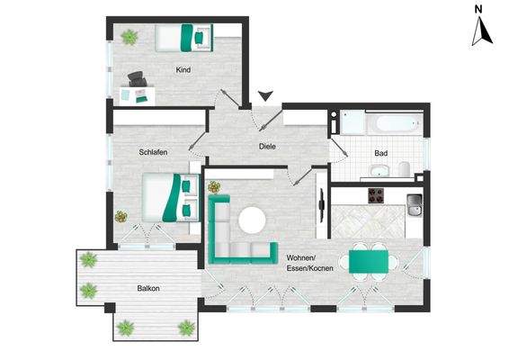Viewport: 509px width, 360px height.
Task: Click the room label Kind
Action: [x=183, y=70]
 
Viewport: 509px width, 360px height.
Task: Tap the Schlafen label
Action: [x=153, y=152]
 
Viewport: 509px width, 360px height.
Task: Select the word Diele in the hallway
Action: [x=267, y=147]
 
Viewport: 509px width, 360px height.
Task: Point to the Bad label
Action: [x=380, y=153]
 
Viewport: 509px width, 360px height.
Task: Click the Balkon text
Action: [x=148, y=288]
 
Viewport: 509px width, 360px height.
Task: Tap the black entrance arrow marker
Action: [x=265, y=95]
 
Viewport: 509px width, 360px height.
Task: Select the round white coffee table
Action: [x=252, y=220]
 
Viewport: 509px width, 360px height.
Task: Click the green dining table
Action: [x=369, y=262]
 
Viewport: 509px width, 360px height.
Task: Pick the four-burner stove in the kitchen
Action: [x=376, y=196]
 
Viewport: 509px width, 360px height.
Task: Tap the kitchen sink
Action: [x=415, y=205]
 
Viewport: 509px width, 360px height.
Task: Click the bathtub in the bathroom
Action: [x=397, y=123]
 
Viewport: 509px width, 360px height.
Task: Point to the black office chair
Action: [x=138, y=79]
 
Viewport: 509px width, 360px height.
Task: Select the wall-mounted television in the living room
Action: [x=322, y=206]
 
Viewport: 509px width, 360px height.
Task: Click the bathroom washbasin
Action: [x=380, y=171]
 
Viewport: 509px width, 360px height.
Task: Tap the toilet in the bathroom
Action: [x=404, y=169]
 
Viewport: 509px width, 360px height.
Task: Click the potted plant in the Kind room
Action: [x=129, y=37]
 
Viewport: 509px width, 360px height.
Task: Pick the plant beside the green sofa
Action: [x=214, y=187]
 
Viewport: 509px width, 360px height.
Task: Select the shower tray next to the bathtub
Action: [x=353, y=122]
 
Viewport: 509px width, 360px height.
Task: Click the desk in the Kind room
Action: [x=137, y=95]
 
